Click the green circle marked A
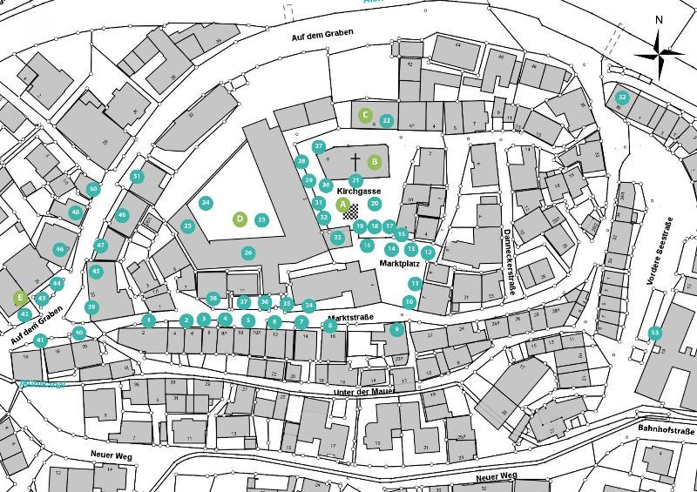click(x=342, y=204)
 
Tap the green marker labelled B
click(x=374, y=161)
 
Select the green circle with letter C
click(x=366, y=115)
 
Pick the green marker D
click(x=240, y=219)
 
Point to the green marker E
click(x=19, y=298)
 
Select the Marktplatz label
click(x=401, y=261)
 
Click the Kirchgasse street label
click(x=359, y=190)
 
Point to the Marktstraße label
click(x=351, y=319)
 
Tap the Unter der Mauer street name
click(x=365, y=392)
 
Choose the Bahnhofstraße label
click(x=666, y=430)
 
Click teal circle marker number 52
click(x=621, y=97)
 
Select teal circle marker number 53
click(x=654, y=333)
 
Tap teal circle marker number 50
click(x=93, y=189)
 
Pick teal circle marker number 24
click(x=206, y=203)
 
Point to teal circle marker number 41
click(x=40, y=340)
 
